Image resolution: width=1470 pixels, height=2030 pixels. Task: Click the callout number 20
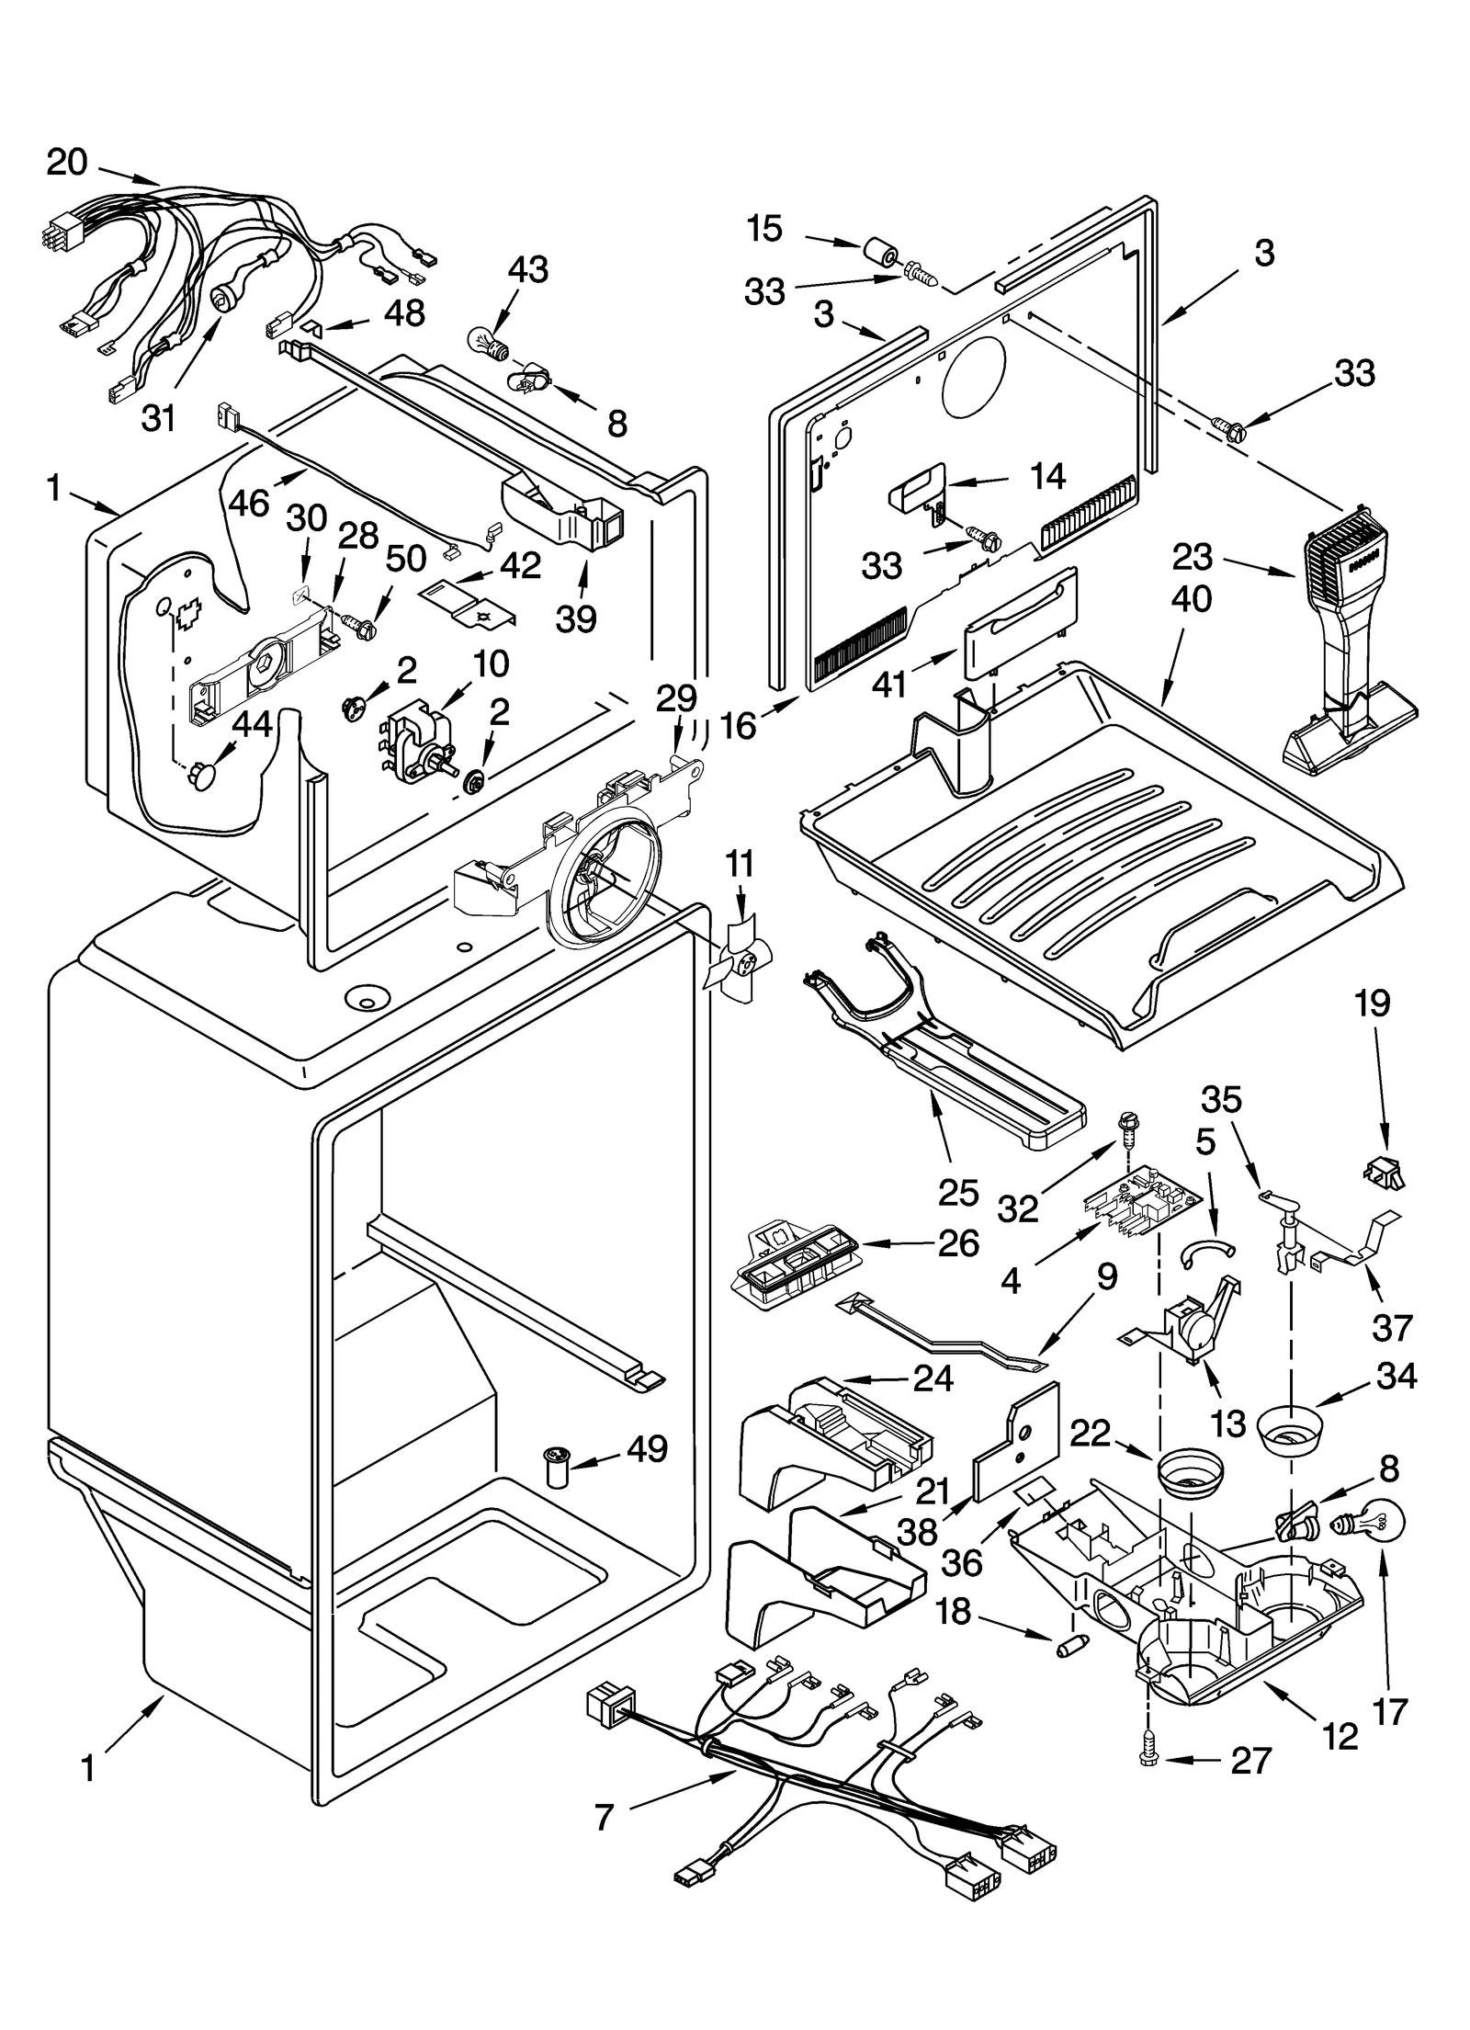[x=67, y=163]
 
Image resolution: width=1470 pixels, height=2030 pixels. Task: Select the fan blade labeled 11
[x=737, y=959]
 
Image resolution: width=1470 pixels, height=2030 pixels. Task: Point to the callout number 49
[x=646, y=1449]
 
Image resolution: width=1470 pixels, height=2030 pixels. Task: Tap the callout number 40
[x=1192, y=599]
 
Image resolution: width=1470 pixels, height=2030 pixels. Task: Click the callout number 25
[x=958, y=1192]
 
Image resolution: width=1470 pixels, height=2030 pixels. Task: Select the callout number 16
[x=739, y=726]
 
